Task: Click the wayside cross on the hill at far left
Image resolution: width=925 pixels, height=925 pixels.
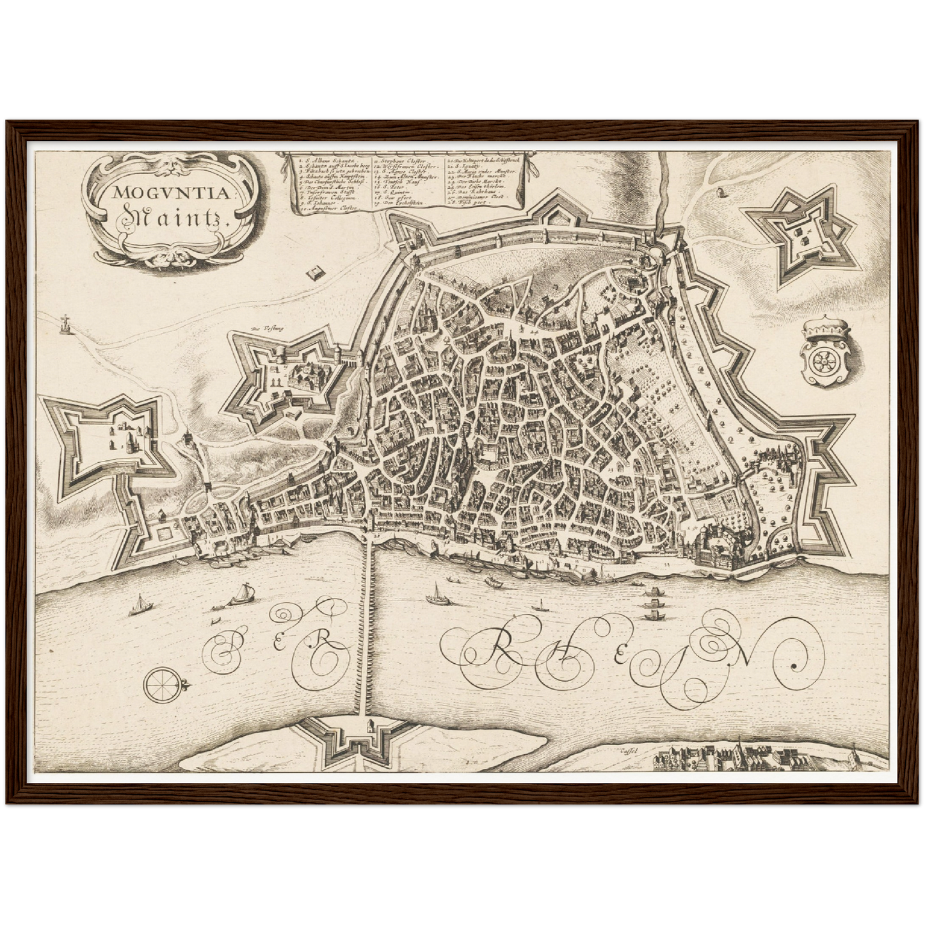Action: [65, 325]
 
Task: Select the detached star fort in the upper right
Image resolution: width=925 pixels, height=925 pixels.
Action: [800, 235]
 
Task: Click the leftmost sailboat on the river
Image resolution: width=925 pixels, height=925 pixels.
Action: [137, 606]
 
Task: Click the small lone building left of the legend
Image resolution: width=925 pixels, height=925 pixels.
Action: [314, 274]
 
